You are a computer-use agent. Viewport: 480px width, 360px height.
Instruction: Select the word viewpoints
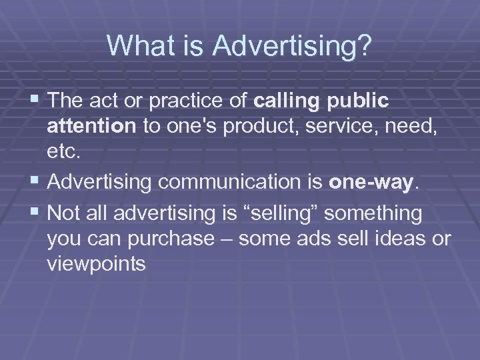click(97, 264)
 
